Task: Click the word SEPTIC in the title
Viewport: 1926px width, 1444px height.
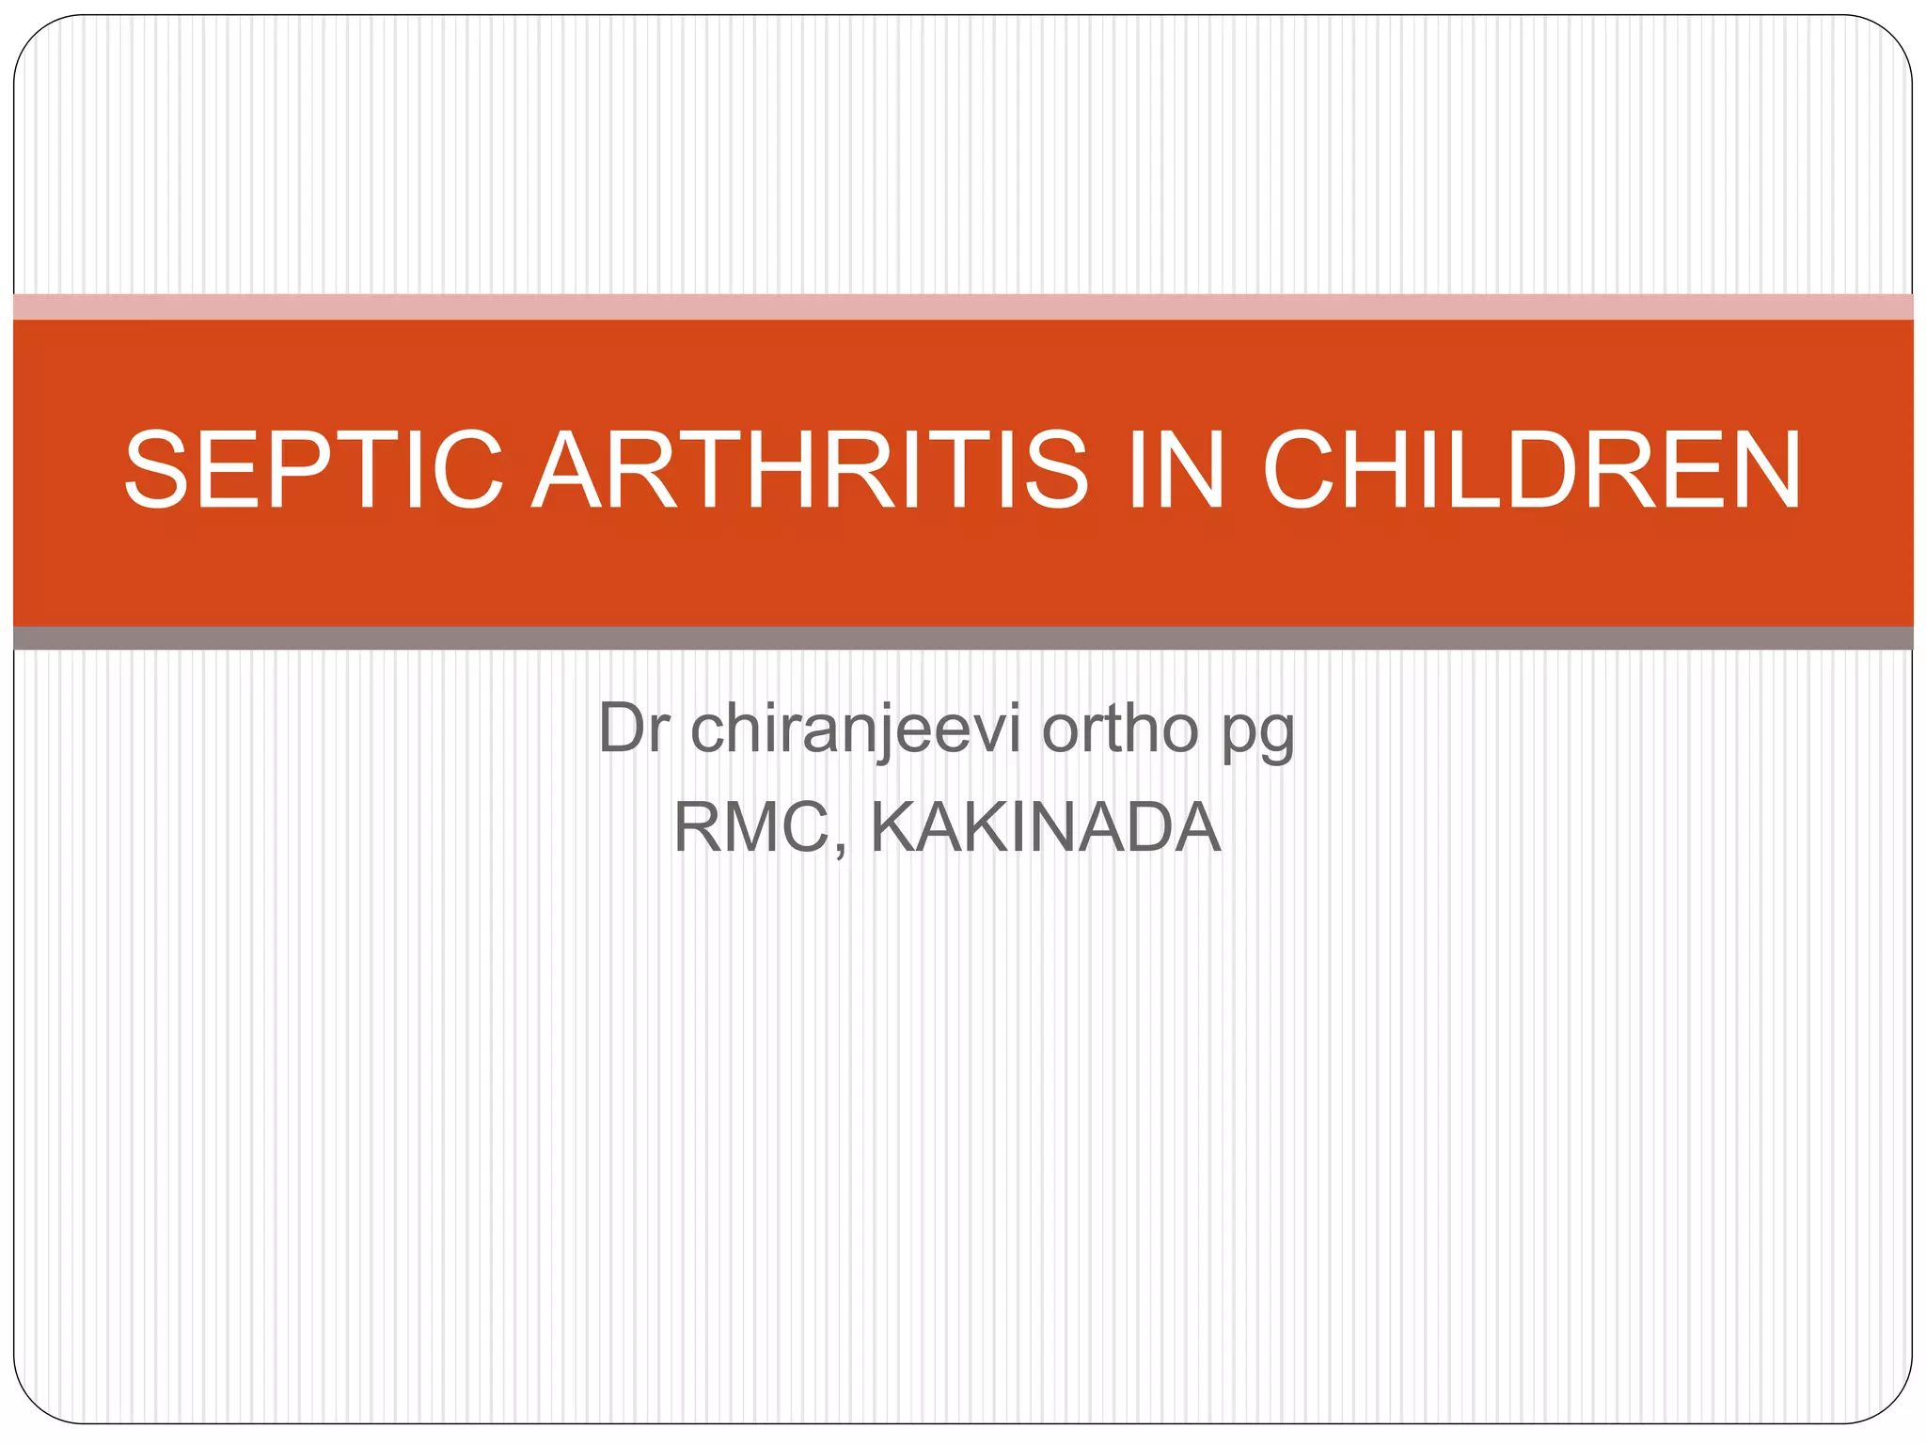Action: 314,470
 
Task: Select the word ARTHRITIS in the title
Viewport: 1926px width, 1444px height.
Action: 810,470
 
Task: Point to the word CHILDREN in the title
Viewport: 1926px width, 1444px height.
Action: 1531,470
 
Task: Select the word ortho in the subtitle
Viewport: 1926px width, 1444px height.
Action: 1119,729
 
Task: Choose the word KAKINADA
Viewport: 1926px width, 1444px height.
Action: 1045,827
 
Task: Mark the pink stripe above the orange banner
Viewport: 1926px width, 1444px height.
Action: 963,306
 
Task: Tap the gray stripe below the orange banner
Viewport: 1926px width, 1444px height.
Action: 963,638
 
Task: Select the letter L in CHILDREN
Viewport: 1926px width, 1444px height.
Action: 1484,470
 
